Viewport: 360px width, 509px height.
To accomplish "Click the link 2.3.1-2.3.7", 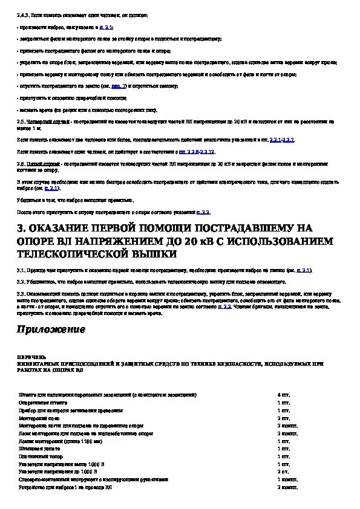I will coord(281,140).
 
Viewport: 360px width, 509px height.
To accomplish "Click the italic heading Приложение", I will coord(51,330).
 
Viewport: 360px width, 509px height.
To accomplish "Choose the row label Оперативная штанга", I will coord(42,402).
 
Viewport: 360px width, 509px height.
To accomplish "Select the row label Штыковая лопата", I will coord(38,449).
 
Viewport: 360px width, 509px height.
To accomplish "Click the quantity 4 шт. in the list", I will coord(283,394).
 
